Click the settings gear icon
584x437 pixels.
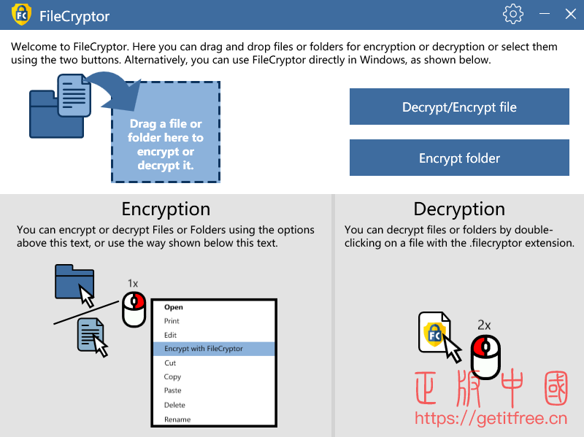tap(513, 14)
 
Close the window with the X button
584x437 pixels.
tap(570, 14)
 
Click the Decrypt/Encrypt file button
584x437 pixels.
tap(459, 107)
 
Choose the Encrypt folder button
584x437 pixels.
tap(459, 158)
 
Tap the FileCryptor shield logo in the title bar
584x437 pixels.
tap(21, 15)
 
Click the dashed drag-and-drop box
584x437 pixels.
tap(166, 132)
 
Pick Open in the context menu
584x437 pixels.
tap(174, 307)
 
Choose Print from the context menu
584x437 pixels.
tap(172, 321)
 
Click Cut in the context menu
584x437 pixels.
tap(170, 363)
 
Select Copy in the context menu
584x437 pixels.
tap(172, 376)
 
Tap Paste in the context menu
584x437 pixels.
tap(172, 390)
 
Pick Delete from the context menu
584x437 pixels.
tap(174, 405)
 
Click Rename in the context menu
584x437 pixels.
tap(177, 419)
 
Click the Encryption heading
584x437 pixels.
tap(166, 209)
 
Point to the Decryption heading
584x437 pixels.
tap(459, 209)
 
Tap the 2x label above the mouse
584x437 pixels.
tap(484, 325)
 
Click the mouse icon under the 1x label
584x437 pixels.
tap(134, 309)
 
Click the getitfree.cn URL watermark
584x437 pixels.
tap(491, 418)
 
